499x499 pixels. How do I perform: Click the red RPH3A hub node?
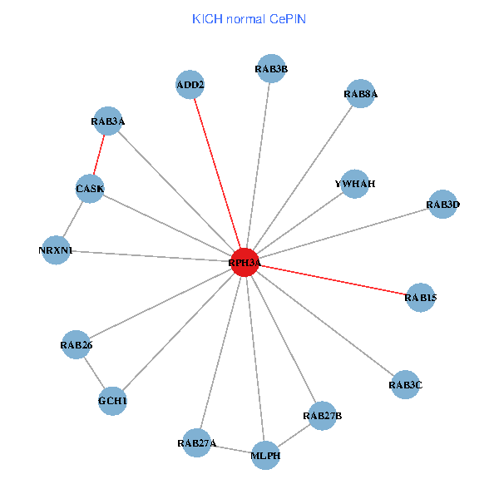(245, 263)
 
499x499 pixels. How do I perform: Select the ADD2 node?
(190, 84)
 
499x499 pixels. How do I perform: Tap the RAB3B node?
(271, 69)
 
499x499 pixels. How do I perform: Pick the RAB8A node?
(360, 94)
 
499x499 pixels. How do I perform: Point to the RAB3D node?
(442, 204)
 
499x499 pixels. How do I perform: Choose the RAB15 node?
(420, 297)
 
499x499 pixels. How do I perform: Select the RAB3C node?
(405, 384)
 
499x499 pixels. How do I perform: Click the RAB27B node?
(322, 415)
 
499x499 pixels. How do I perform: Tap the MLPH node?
(265, 456)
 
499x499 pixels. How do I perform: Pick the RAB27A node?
(196, 443)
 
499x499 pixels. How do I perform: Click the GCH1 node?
(112, 401)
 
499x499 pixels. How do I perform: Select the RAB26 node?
(76, 343)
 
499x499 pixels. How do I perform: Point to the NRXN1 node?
(56, 250)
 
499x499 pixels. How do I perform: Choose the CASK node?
(90, 189)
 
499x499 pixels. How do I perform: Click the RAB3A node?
(108, 122)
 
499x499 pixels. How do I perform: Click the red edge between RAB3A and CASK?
(99, 156)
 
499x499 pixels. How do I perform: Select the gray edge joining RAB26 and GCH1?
(94, 372)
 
